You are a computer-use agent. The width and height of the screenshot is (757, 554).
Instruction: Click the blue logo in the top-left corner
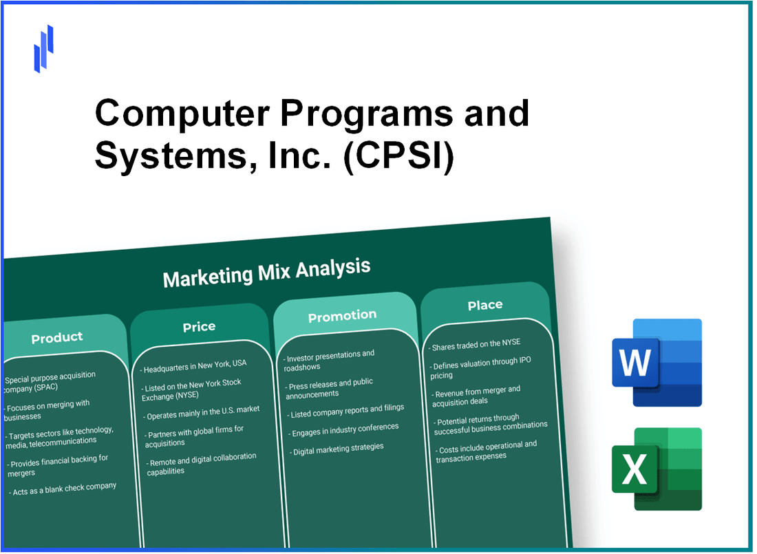point(43,48)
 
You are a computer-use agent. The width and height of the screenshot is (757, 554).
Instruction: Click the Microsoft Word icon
point(657,363)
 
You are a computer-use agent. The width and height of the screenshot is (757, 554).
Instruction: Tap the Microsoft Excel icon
point(657,469)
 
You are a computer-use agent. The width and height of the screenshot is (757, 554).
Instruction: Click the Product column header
point(57,337)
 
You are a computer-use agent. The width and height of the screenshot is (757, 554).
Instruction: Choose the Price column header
point(199,327)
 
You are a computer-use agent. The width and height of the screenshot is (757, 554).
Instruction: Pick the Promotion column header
point(342,316)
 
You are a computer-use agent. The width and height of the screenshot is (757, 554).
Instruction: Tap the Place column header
point(485,305)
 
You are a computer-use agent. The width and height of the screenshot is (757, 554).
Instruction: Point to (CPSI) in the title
point(400,157)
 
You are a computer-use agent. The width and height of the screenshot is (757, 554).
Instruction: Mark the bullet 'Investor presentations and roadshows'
point(330,361)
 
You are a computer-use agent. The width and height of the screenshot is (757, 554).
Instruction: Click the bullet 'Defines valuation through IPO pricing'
point(481,367)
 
